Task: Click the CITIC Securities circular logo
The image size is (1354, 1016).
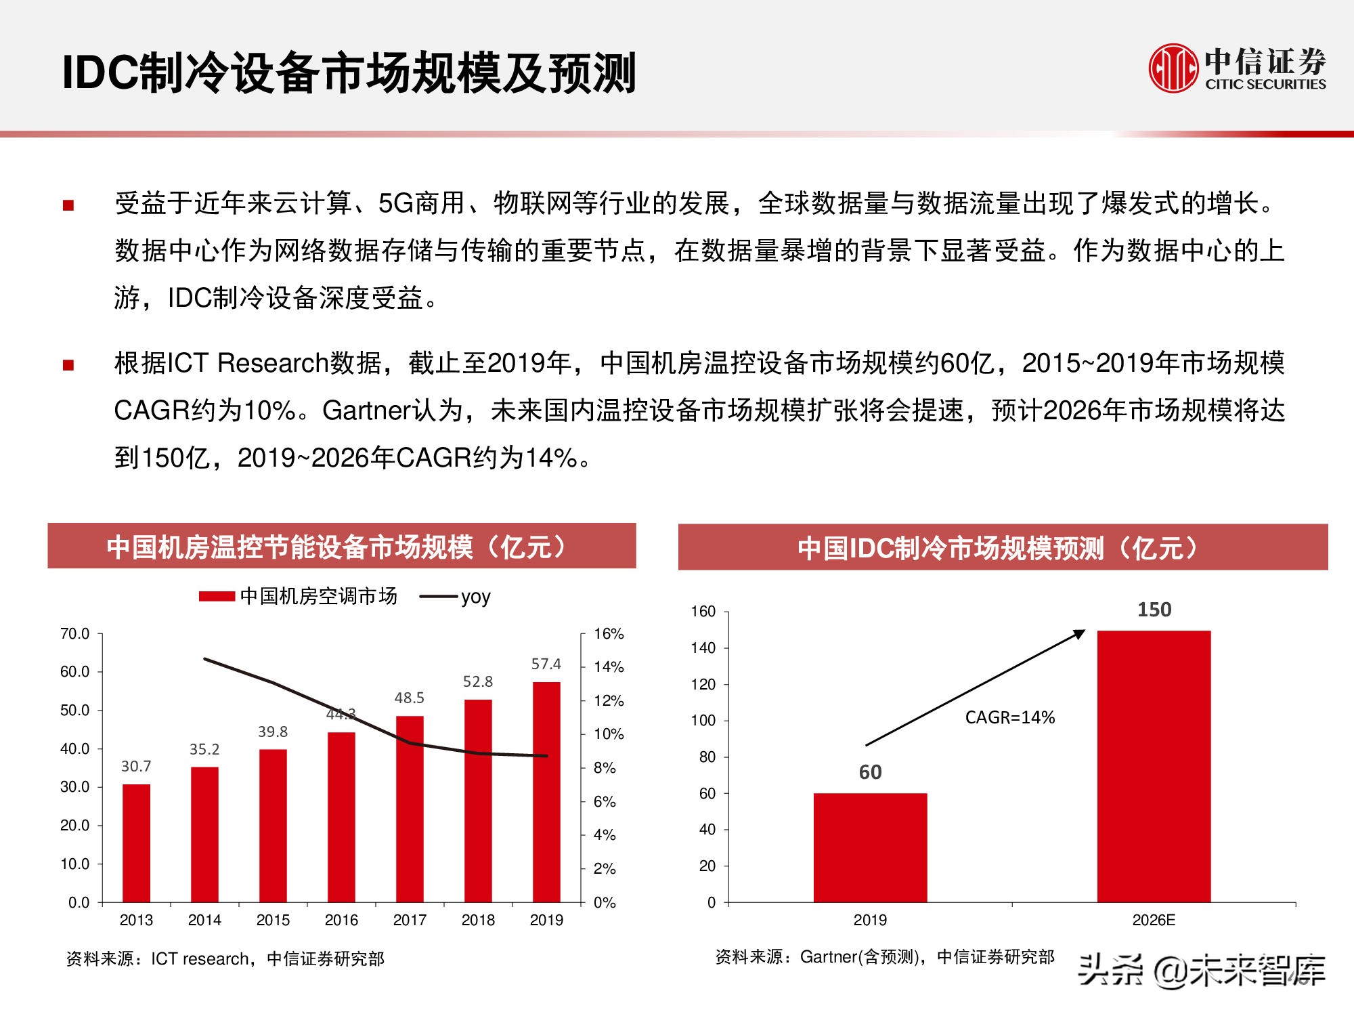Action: coord(1174,68)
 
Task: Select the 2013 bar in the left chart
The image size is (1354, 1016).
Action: coord(136,843)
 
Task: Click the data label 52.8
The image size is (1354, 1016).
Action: coord(477,681)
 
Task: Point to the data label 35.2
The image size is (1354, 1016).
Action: coord(204,749)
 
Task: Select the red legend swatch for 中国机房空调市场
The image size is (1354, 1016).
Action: coord(217,597)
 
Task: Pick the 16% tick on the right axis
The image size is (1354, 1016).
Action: coord(608,634)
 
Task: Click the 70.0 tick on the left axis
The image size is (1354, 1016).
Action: coord(74,634)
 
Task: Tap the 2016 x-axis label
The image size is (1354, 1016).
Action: coord(341,920)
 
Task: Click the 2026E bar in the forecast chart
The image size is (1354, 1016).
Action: coord(1154,765)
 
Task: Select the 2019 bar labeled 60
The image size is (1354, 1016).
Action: coord(870,847)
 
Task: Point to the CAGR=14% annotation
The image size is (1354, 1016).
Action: coord(1009,717)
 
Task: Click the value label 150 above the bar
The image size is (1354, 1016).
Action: coord(1154,610)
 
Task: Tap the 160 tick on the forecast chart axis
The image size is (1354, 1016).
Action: coord(703,612)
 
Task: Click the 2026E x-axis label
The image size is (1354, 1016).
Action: coord(1154,920)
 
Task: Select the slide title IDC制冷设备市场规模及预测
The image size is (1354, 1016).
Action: coord(349,72)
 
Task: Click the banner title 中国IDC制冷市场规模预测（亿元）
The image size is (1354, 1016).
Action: coord(1002,547)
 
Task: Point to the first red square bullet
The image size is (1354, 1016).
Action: coord(68,205)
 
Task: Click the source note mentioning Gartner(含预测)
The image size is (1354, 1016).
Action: coord(884,957)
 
